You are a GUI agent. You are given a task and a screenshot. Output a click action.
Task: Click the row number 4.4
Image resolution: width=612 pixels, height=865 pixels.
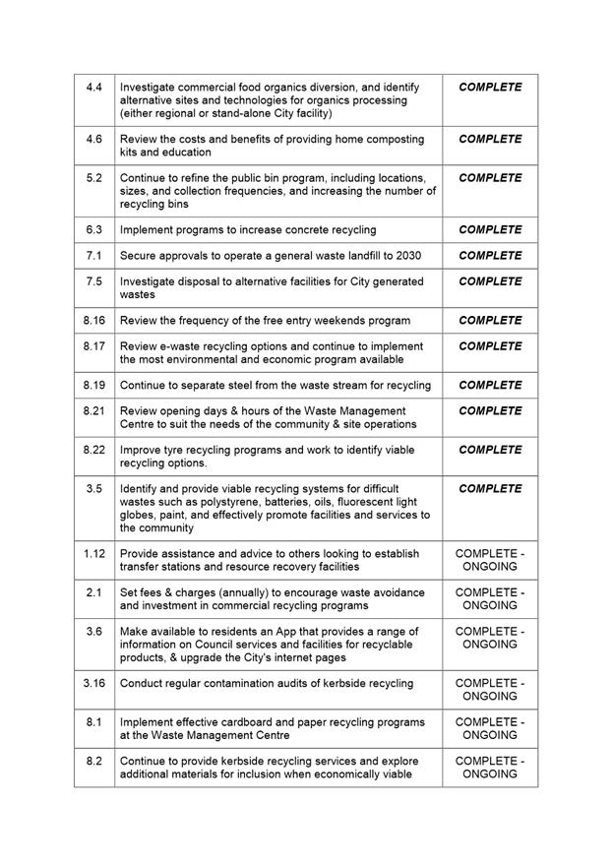[94, 88]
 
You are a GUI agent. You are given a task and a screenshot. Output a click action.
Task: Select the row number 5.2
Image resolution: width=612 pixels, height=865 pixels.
[94, 178]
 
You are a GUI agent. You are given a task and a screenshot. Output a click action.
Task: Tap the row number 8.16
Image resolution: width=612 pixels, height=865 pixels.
[94, 321]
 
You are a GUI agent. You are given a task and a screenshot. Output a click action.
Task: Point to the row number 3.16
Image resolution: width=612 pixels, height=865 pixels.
[94, 683]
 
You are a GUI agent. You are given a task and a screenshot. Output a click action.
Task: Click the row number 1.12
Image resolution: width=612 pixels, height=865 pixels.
[94, 553]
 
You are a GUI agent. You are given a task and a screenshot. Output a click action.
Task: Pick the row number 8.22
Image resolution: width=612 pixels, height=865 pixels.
[94, 450]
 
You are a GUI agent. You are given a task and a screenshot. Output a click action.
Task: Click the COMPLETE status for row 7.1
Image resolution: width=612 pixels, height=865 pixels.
[490, 256]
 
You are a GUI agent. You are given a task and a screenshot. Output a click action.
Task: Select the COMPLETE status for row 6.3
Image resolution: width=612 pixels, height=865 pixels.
[490, 230]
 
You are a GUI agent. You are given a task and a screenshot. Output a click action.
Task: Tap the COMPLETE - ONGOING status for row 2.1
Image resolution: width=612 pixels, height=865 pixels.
[490, 599]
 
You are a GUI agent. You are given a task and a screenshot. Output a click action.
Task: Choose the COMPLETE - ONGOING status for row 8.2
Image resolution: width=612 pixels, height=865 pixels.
[490, 768]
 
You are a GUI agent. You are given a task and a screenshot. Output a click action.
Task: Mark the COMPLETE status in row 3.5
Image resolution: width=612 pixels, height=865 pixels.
[490, 489]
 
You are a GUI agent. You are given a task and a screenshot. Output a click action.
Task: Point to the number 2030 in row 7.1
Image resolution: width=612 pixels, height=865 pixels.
[404, 256]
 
